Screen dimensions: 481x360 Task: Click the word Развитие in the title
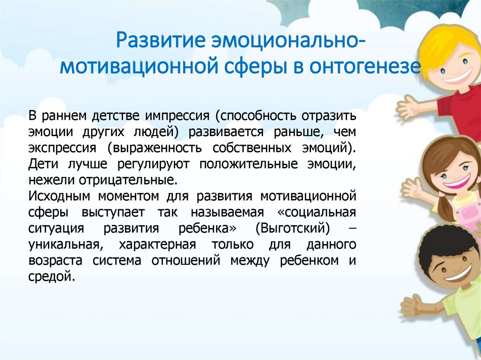click(160, 40)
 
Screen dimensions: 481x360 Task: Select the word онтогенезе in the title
click(365, 67)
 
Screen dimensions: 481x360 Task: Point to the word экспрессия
click(62, 148)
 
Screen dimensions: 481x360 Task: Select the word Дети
click(43, 164)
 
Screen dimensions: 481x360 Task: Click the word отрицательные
click(128, 180)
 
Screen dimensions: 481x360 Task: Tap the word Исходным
click(59, 196)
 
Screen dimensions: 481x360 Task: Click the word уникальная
click(64, 245)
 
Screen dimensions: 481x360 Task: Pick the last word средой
click(52, 276)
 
